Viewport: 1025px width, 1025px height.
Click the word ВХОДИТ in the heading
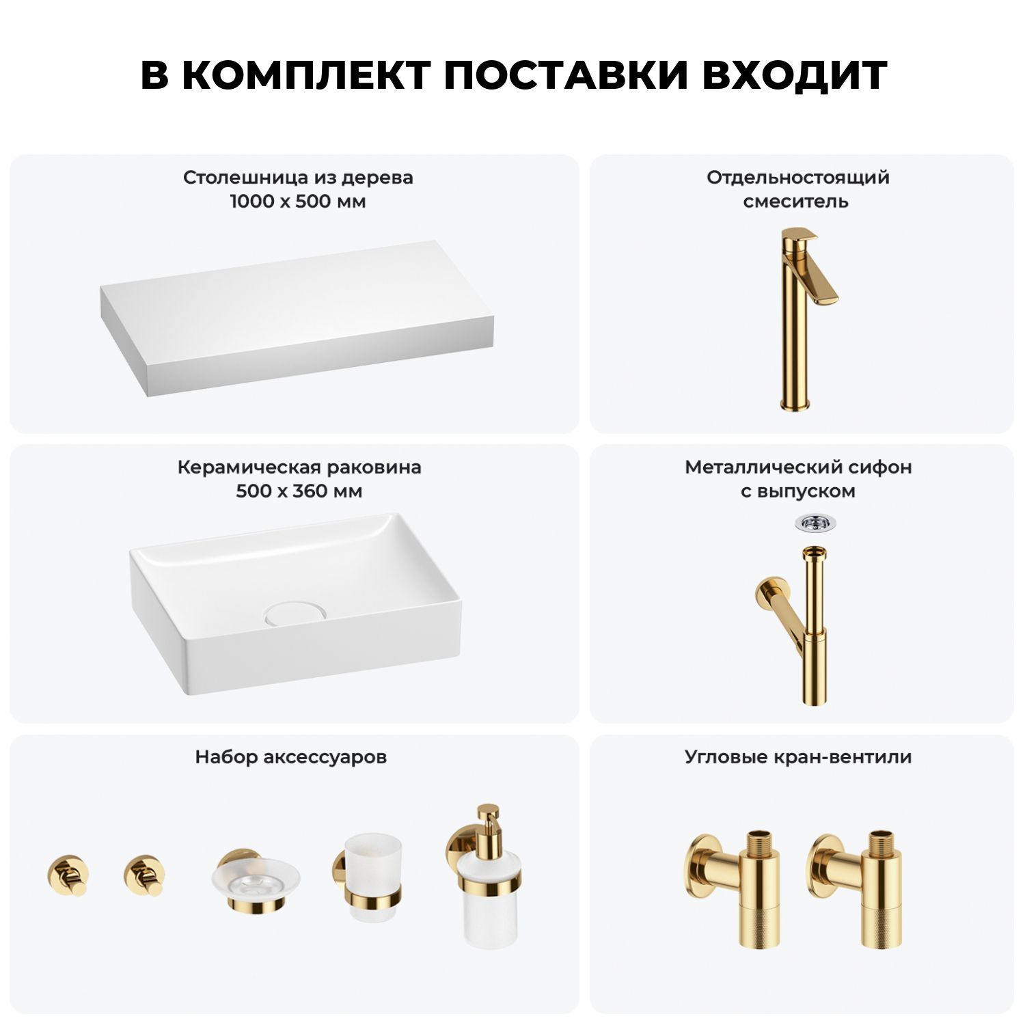point(795,75)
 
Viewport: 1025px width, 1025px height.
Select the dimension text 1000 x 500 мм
point(298,202)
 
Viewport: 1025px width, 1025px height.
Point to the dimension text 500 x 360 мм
point(299,491)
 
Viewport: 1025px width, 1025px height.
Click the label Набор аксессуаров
point(291,757)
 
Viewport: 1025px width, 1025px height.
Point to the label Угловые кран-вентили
point(798,757)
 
